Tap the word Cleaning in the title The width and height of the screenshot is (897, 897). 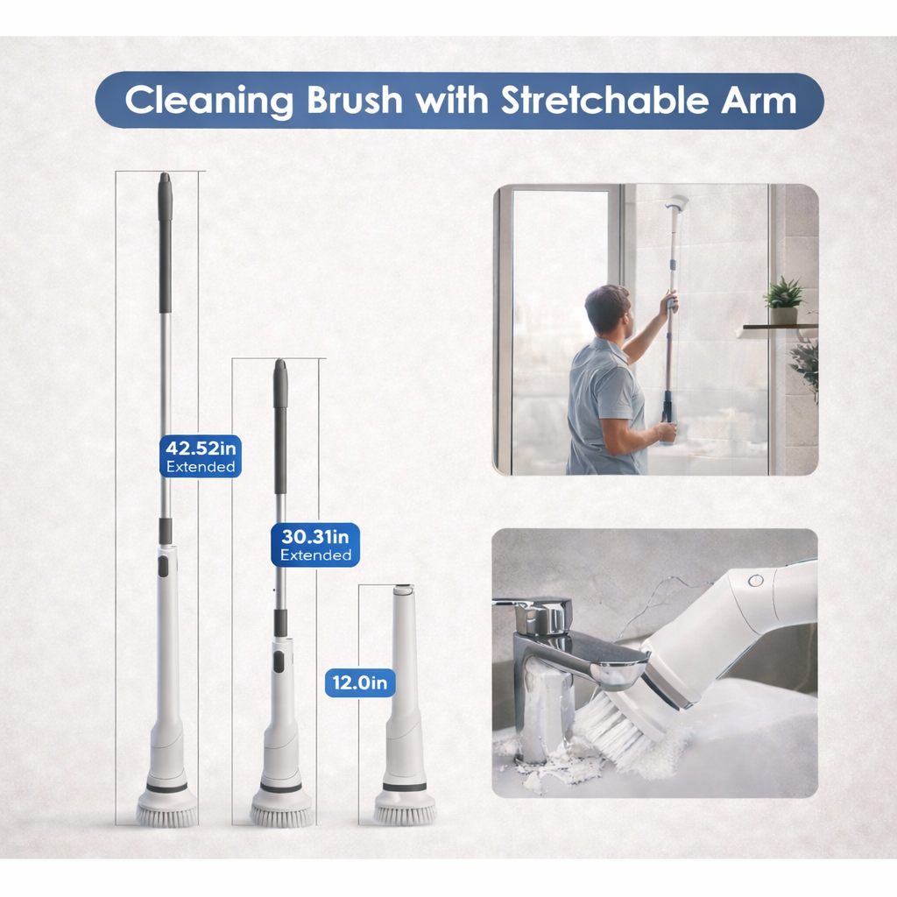(x=208, y=101)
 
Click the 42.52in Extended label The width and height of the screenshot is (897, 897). (x=201, y=456)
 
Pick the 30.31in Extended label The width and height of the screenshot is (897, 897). (x=315, y=544)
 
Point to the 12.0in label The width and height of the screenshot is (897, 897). (x=360, y=682)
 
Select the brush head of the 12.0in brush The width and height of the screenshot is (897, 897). (x=405, y=809)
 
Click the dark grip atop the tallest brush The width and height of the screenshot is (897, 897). (x=165, y=245)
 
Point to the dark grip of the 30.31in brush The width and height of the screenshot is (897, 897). (x=280, y=429)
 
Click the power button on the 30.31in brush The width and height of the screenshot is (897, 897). (x=279, y=661)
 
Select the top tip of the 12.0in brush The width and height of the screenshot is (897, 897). (x=403, y=591)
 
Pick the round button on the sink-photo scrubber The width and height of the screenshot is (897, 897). (x=755, y=580)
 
